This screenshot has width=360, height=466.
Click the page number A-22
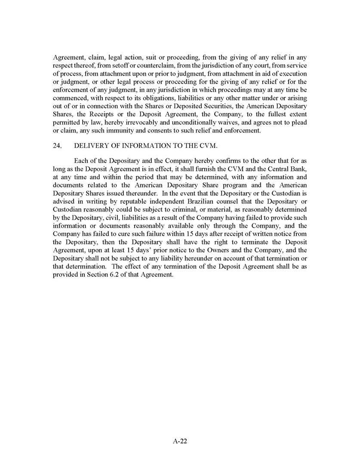180,441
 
